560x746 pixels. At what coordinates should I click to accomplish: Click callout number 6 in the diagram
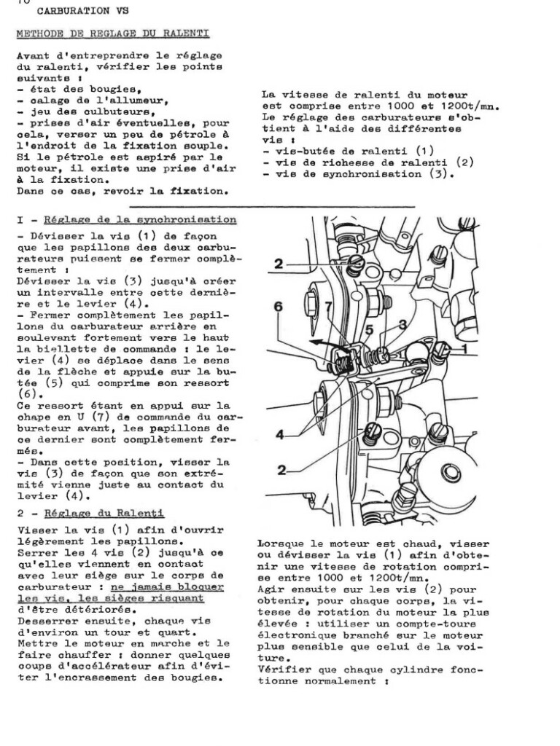[x=278, y=308]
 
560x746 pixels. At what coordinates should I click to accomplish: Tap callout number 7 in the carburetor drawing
[x=329, y=307]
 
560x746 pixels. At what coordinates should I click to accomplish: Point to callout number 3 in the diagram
[x=402, y=323]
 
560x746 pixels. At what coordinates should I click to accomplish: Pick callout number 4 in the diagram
[x=281, y=435]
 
